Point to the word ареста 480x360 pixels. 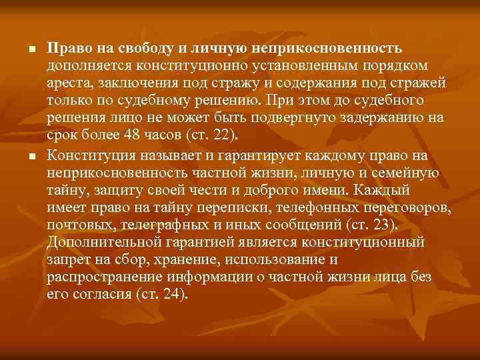[69, 83]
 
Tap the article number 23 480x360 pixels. [386, 224]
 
